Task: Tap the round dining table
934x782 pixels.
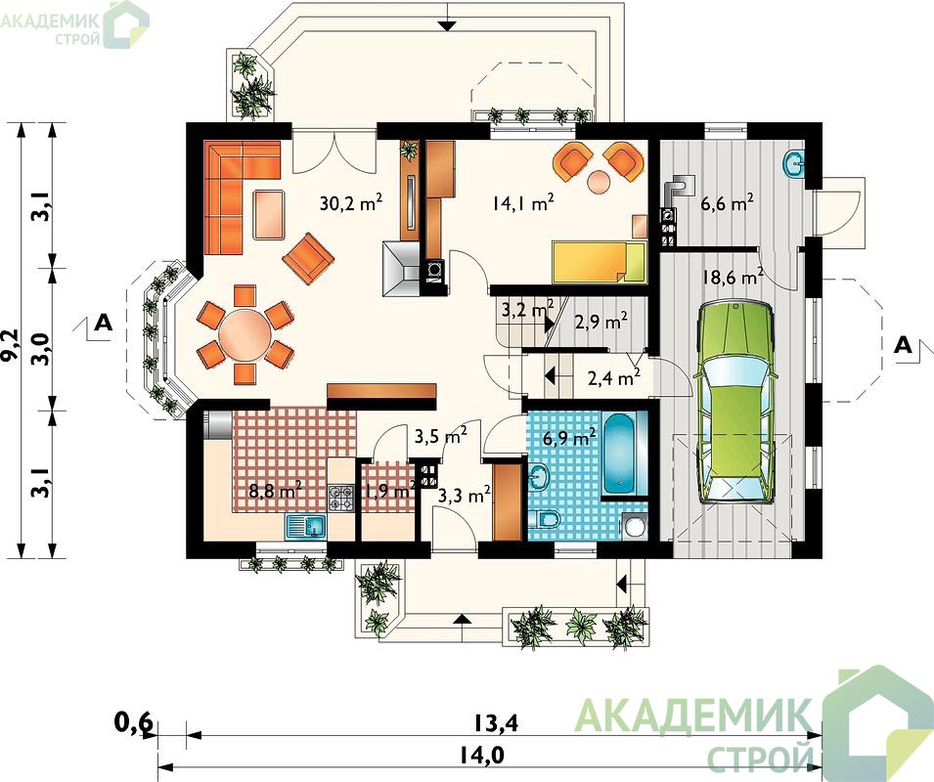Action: (245, 334)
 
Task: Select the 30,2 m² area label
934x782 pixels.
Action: (351, 203)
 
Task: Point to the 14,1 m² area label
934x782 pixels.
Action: (523, 203)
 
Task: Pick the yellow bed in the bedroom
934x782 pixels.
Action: (600, 262)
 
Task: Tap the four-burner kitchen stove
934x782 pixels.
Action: (341, 499)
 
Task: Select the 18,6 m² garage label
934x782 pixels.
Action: (733, 278)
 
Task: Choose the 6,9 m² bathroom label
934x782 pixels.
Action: (569, 439)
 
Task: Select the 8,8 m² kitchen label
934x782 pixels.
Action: (275, 492)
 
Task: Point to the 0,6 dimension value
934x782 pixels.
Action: (133, 723)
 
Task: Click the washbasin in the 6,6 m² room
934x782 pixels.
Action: (794, 162)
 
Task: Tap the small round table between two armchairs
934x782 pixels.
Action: (599, 181)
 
